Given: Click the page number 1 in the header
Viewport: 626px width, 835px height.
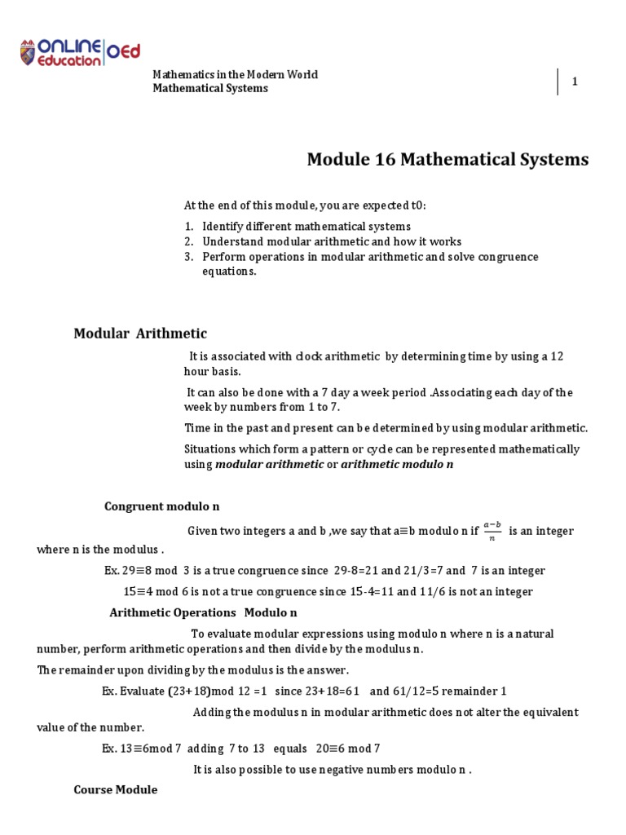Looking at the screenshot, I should (575, 82).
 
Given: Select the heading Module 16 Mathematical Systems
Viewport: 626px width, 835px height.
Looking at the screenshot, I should (447, 160).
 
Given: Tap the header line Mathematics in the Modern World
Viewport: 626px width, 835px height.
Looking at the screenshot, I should (236, 75).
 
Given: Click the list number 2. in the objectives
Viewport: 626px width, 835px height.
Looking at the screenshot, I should (188, 241).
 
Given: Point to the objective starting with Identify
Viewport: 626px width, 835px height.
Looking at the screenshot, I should (306, 226).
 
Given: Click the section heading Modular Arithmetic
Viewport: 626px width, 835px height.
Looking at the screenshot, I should (140, 334).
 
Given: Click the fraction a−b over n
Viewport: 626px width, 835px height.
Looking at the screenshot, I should (492, 531).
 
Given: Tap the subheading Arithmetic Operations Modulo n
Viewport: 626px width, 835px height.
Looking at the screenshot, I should (203, 612).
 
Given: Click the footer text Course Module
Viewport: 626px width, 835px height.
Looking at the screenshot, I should (115, 790).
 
